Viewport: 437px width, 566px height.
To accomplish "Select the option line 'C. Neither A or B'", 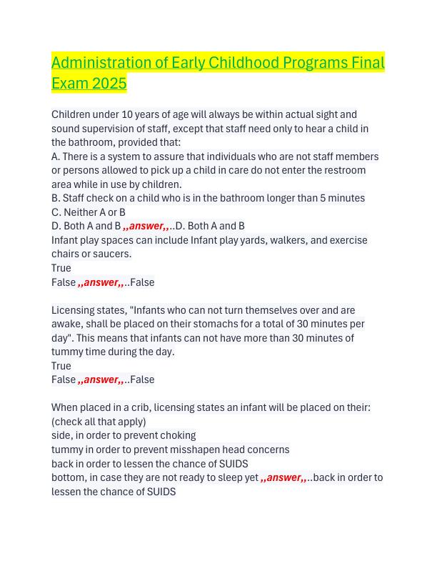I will (89, 212).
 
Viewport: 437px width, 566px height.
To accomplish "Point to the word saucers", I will (114, 254).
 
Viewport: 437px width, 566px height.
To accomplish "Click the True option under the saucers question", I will (61, 268).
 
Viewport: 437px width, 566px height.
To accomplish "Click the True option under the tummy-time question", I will (61, 366).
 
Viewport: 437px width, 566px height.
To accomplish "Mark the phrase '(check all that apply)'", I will (99, 422).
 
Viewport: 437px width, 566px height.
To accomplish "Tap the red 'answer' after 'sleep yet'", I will (283, 477).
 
